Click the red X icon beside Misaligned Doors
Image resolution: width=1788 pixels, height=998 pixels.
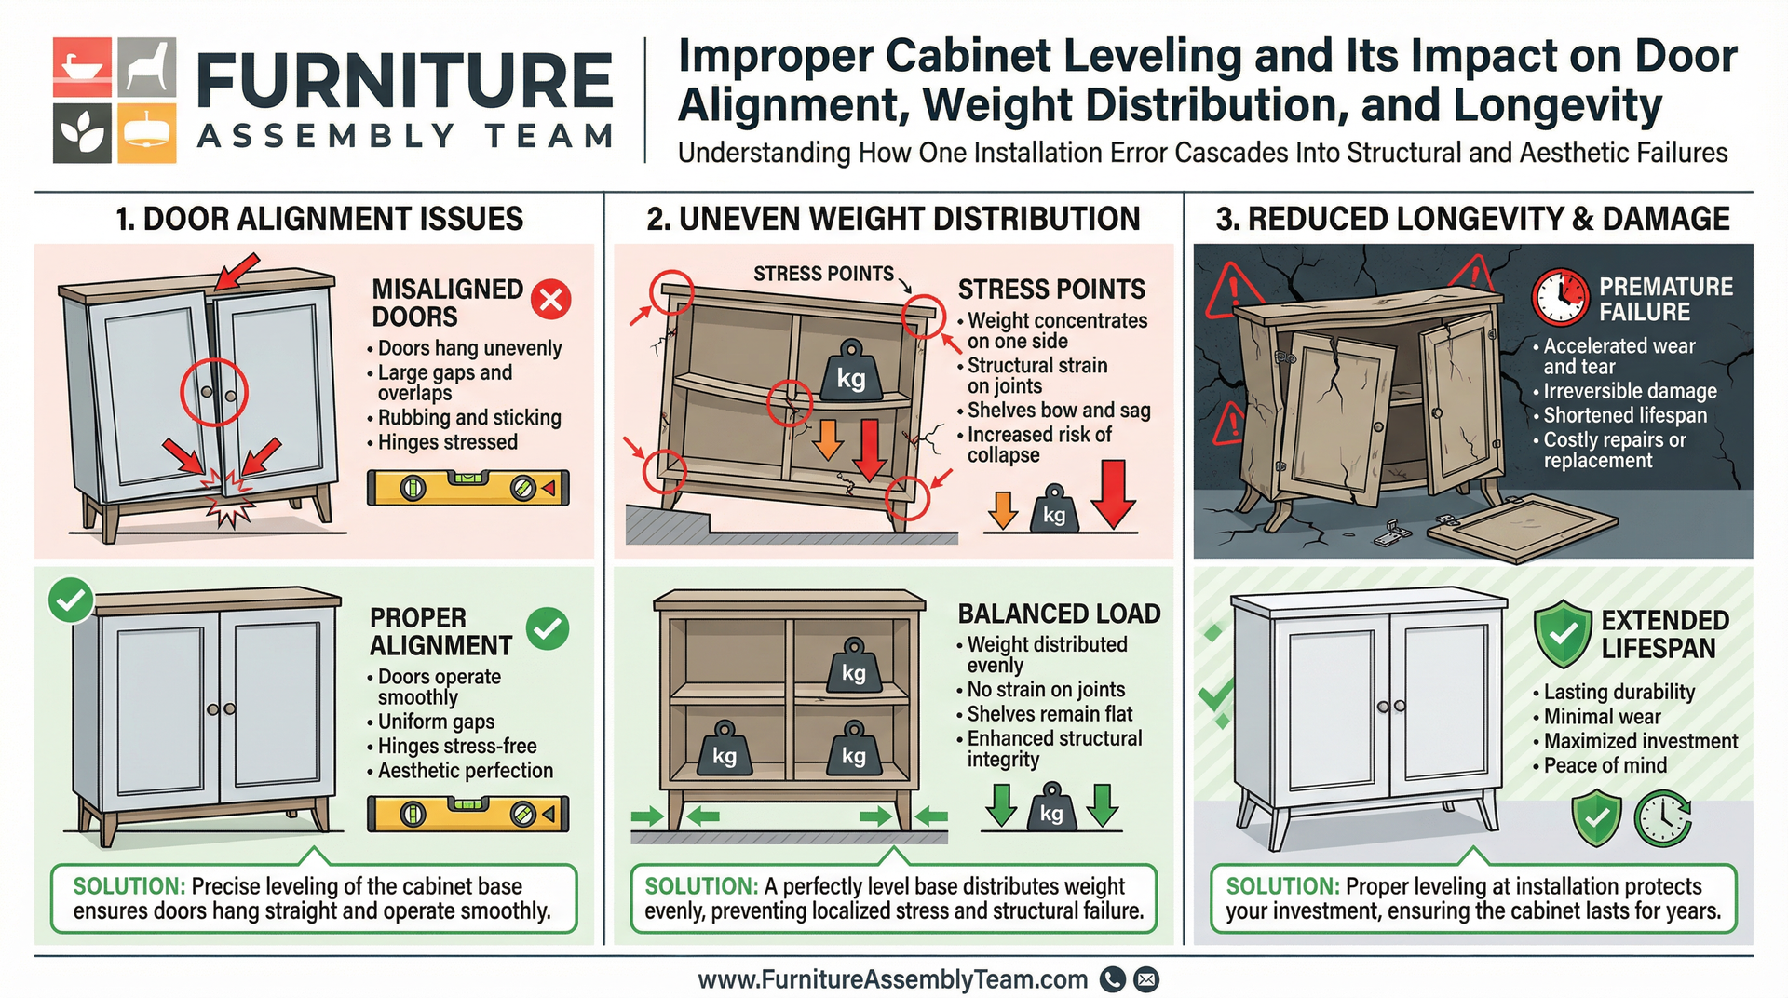(550, 300)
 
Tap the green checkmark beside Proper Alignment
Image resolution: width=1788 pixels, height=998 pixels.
(548, 629)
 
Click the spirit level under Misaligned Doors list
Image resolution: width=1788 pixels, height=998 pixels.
(467, 487)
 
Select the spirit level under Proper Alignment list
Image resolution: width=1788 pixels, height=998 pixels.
(467, 814)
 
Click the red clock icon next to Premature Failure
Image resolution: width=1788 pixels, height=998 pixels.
(1560, 297)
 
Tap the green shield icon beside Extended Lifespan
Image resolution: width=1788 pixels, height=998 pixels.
(1563, 633)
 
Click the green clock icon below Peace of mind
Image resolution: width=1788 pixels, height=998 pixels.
(1663, 818)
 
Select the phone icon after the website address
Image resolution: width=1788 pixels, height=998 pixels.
(1113, 979)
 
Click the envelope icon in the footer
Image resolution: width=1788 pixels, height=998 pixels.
(1147, 979)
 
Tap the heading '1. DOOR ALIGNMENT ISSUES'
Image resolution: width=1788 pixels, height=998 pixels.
(318, 219)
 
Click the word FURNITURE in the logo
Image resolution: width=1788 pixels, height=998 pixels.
(405, 81)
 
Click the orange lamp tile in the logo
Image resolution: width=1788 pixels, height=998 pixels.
(146, 133)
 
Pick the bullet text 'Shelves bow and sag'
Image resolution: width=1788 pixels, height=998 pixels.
(1058, 411)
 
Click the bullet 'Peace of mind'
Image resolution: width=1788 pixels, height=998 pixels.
(1605, 765)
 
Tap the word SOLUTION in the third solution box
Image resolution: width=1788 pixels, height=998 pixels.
(1281, 886)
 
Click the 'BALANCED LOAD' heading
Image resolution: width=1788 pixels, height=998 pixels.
(1059, 614)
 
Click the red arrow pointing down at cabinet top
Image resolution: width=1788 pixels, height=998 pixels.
(237, 272)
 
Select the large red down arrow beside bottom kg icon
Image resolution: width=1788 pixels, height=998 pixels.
(1113, 495)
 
